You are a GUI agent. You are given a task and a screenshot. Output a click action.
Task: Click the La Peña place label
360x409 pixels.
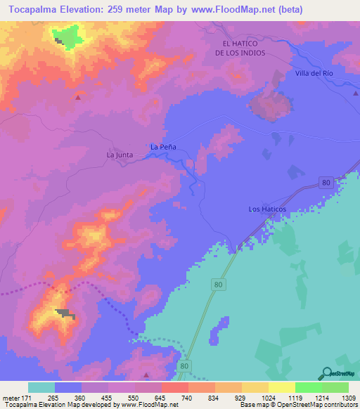pos(163,147)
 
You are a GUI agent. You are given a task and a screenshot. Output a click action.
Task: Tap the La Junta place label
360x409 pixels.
pos(119,154)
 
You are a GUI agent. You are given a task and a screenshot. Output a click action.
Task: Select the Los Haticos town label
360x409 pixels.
pos(268,209)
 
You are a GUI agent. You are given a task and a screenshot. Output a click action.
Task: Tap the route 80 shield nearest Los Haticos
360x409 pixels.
pos(324,183)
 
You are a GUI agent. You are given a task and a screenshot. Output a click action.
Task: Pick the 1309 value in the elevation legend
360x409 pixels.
pos(347,397)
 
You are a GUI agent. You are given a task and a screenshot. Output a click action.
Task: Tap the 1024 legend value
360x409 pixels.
pos(268,397)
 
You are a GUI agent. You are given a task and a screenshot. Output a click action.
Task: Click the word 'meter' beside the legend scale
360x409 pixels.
pos(10,397)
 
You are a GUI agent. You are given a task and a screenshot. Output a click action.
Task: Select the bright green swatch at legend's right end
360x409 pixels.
pos(335,387)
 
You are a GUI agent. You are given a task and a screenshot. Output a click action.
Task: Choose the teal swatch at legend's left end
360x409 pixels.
pos(41,387)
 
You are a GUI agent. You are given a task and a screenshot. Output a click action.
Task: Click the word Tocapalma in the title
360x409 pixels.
pos(34,10)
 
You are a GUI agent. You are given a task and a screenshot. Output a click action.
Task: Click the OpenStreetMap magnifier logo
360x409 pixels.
pos(326,373)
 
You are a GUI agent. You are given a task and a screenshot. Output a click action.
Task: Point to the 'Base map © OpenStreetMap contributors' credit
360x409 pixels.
pos(298,405)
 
